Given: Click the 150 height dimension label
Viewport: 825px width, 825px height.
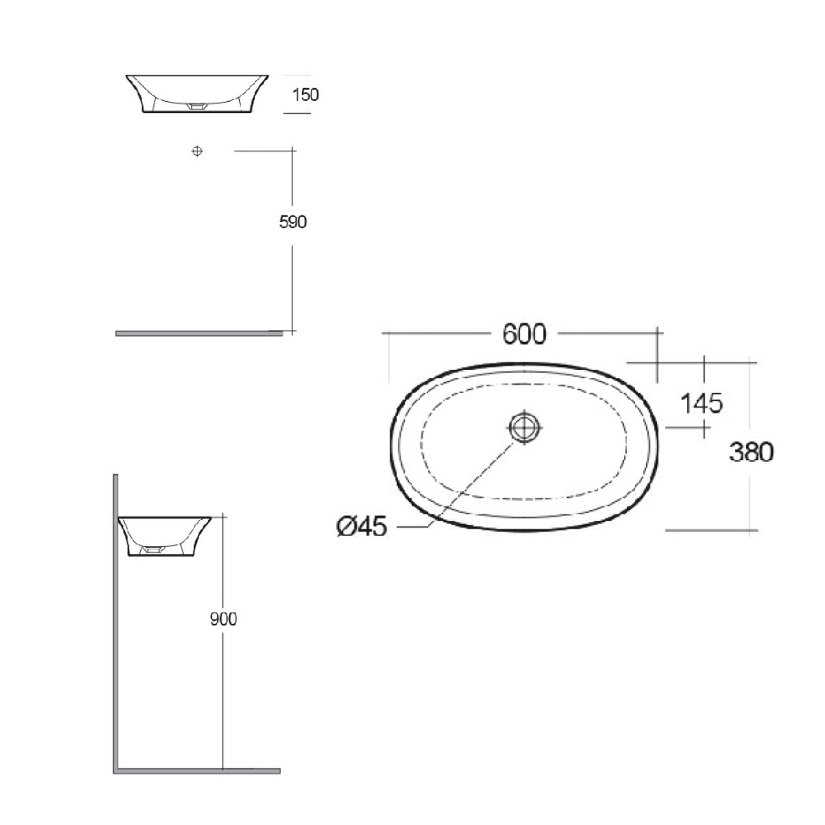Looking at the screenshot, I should point(305,95).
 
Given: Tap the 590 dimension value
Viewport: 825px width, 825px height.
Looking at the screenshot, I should point(293,222).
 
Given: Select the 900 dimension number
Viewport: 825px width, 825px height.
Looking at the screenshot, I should point(223,619).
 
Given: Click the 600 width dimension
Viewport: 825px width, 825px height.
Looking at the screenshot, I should point(524,334).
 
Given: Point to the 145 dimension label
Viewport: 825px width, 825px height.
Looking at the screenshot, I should point(701,404).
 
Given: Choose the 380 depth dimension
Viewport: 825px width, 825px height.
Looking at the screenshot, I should point(751,452).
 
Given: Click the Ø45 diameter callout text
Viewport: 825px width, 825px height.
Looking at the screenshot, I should point(362,526).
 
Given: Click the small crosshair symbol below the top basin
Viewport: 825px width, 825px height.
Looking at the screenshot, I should point(197,151).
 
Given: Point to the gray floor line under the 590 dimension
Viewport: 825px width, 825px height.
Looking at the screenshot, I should point(198,333).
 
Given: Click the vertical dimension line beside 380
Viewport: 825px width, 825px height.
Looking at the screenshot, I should point(750,396).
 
